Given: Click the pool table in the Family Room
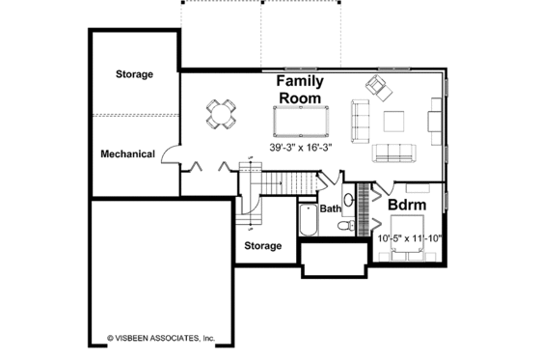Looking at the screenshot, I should point(300,121).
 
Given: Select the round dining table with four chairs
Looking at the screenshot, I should point(222,114).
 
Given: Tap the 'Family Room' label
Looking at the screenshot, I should point(301,90).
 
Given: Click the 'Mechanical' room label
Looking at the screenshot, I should point(128,153).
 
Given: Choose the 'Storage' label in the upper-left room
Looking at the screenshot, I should point(135,74).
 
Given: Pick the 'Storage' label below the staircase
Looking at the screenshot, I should point(262,246).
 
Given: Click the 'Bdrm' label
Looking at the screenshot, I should point(408,206).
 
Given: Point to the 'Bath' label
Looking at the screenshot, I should point(331,208).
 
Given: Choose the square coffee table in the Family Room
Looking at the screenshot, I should point(394,121).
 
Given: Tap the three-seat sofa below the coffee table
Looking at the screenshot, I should point(393,152).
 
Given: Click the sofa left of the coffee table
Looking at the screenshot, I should point(361,121).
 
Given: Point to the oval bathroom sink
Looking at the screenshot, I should point(348,201).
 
